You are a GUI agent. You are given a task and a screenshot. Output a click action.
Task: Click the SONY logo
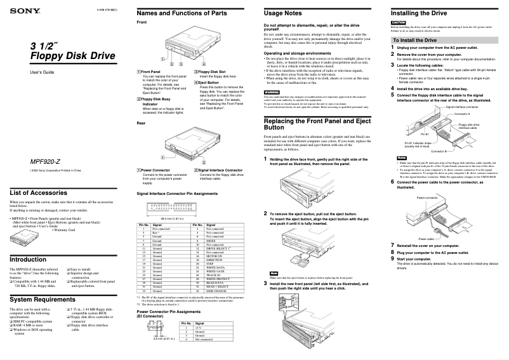20,10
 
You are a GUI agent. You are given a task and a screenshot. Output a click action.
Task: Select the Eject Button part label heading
208,83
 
